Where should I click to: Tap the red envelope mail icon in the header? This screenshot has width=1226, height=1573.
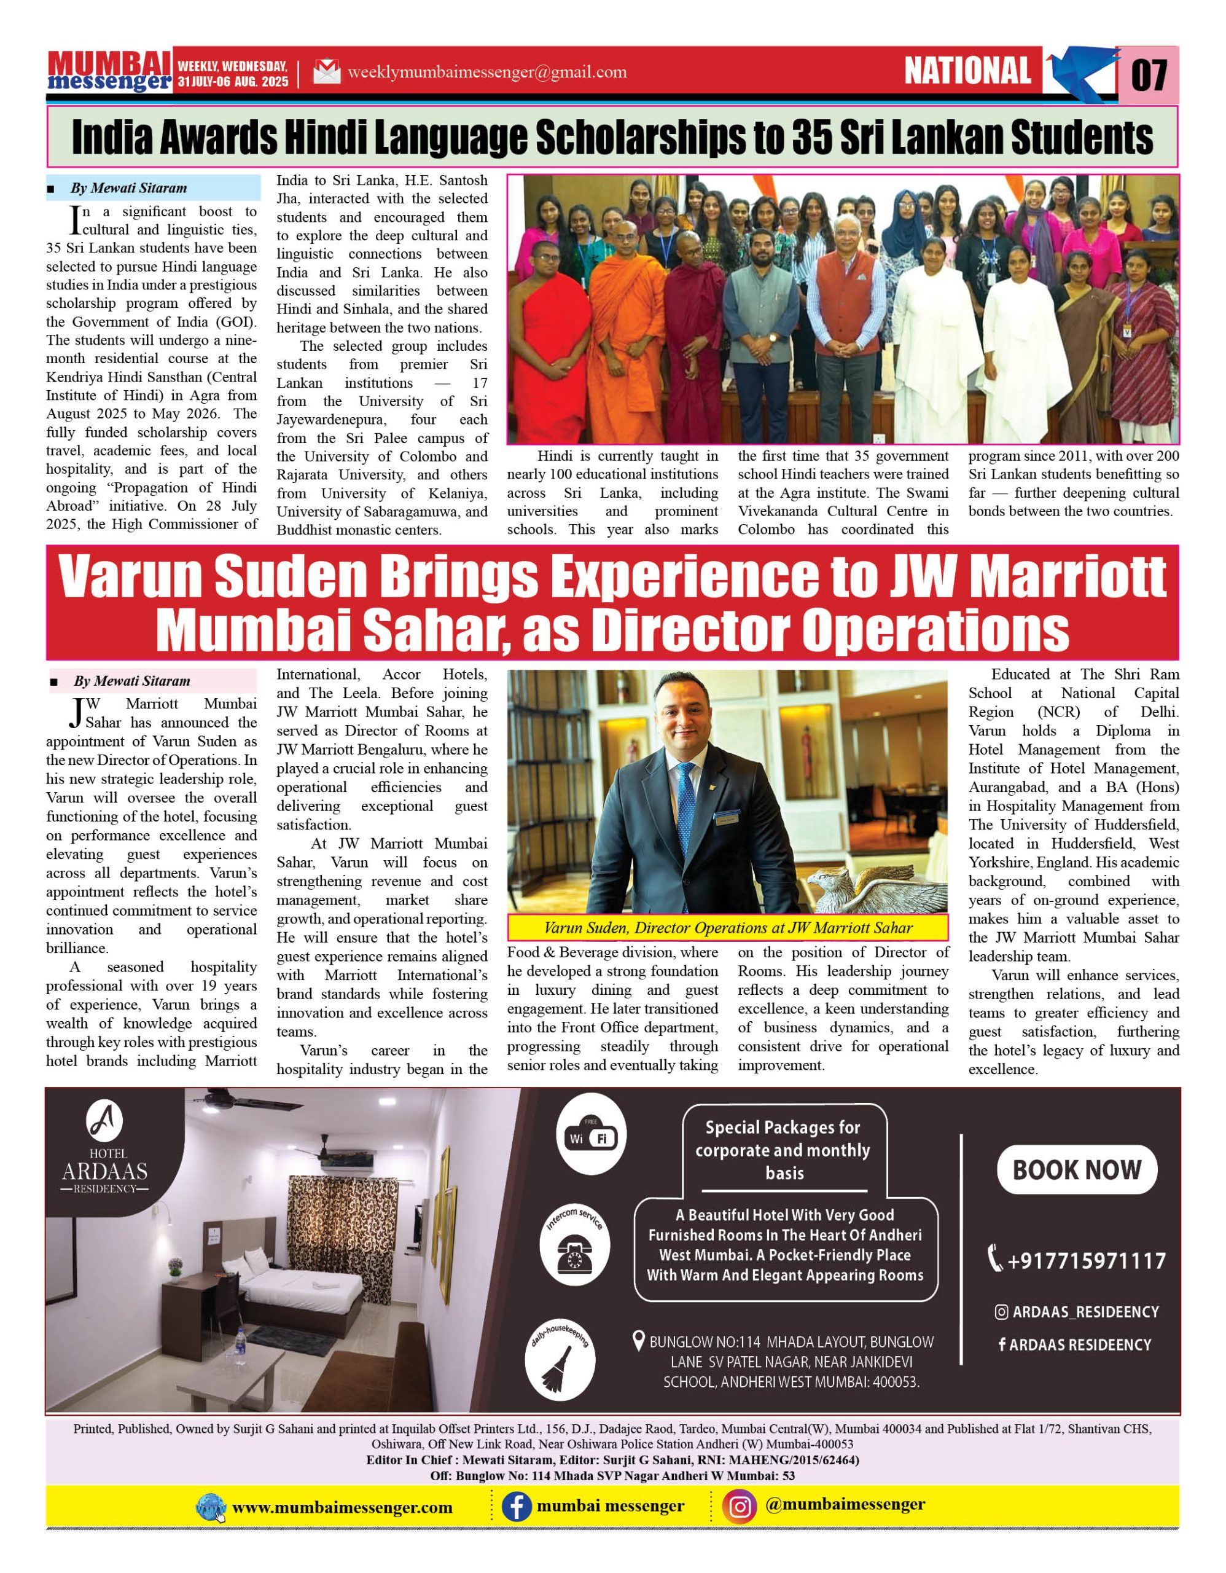coord(326,72)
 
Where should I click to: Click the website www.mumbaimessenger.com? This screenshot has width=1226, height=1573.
coord(342,1507)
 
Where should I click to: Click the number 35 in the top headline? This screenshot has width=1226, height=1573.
coord(812,137)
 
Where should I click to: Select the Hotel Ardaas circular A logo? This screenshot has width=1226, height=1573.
coord(104,1121)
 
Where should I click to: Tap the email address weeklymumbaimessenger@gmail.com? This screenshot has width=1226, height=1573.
coord(486,72)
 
